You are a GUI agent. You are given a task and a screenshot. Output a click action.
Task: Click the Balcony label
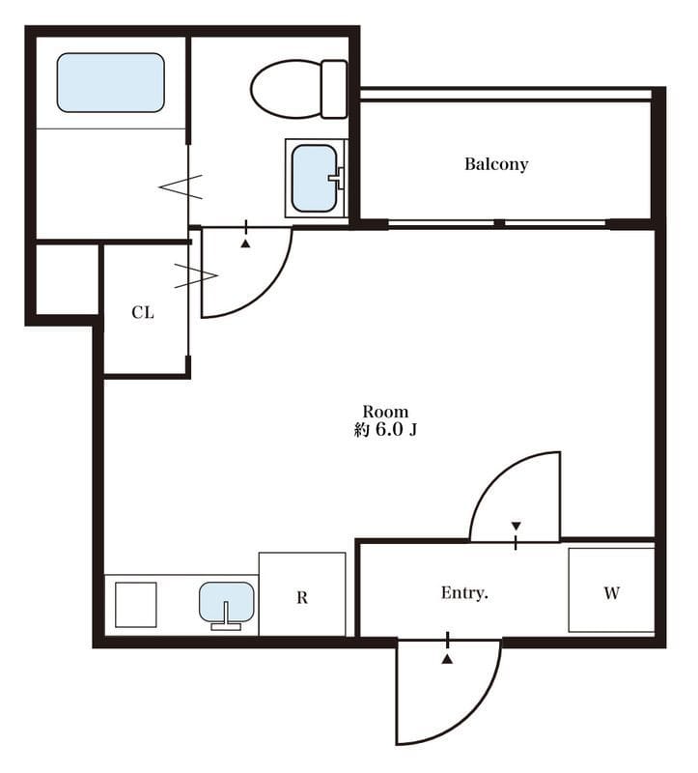[x=496, y=164]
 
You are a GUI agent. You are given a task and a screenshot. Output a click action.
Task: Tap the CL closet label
[x=143, y=312]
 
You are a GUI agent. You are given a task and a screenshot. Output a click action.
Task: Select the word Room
[x=385, y=412]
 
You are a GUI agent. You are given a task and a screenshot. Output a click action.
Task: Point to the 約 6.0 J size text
[x=385, y=430]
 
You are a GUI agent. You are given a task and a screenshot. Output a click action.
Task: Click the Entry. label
[x=464, y=592]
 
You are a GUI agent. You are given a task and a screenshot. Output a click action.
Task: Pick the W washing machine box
[x=611, y=590]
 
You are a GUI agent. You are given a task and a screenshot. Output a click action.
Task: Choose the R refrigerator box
[x=302, y=594]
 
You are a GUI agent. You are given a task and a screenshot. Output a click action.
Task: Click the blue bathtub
[x=110, y=82]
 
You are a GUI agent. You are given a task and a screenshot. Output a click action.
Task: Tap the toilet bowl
[x=286, y=89]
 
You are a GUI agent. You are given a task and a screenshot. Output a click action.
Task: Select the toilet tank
[x=333, y=89]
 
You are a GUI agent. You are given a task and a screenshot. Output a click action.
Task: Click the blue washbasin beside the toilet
[x=315, y=179]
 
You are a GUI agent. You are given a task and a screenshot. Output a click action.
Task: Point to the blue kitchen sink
[x=226, y=602]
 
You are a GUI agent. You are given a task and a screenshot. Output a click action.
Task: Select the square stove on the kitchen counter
[x=136, y=605]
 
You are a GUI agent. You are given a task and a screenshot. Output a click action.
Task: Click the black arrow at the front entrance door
[x=447, y=659]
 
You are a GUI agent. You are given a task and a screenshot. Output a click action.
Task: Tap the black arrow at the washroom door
[x=245, y=243]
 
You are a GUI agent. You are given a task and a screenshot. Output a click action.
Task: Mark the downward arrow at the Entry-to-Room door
[x=516, y=526]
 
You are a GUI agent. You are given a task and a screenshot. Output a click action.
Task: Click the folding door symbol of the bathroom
[x=181, y=186]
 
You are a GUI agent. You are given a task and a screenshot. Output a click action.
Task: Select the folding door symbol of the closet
[x=196, y=276]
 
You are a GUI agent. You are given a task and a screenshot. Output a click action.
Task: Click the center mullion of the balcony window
[x=499, y=224]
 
